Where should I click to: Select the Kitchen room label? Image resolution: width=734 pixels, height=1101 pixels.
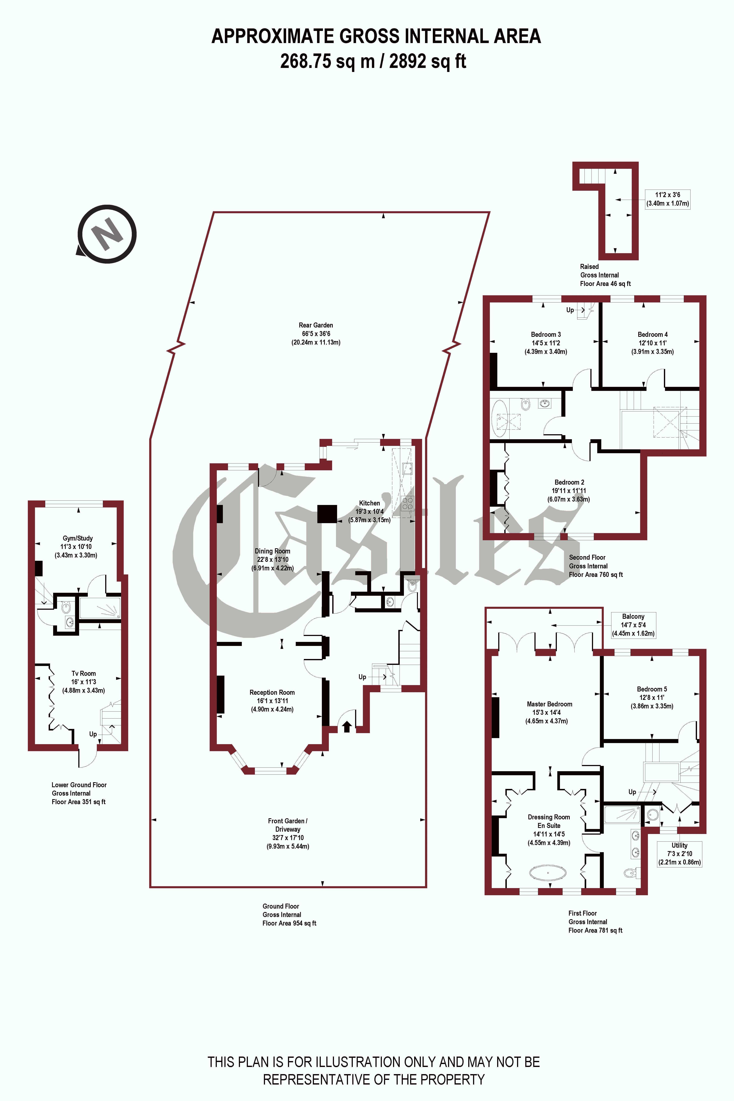(x=369, y=503)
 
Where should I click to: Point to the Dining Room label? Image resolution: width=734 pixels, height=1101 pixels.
(x=272, y=551)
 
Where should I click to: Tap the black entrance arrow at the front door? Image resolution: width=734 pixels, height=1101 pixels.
(x=347, y=726)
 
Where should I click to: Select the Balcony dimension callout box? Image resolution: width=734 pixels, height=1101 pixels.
(x=633, y=625)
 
